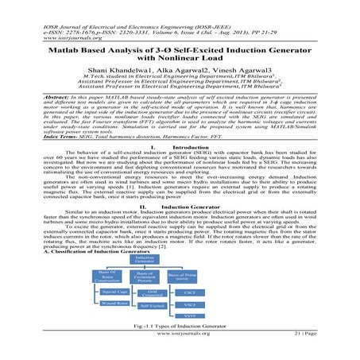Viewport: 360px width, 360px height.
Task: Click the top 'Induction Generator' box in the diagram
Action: (x=144, y=260)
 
